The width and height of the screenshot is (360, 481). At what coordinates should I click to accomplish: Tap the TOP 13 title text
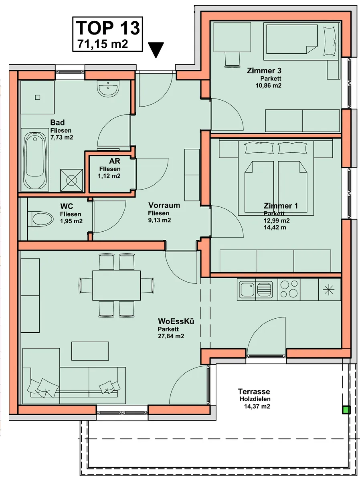point(107,28)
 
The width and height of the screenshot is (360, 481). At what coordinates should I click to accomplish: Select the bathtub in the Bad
point(35,161)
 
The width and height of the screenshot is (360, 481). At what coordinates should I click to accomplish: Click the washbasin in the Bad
point(108,89)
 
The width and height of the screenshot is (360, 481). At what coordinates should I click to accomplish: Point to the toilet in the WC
point(41,219)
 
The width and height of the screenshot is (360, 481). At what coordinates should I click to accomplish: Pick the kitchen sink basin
point(247,289)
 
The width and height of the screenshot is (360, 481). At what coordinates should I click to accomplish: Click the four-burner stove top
point(289,289)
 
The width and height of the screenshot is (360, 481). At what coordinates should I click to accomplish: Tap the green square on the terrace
point(346,410)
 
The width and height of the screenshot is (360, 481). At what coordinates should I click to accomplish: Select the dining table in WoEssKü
point(116,285)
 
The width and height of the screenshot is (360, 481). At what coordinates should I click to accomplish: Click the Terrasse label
point(254,391)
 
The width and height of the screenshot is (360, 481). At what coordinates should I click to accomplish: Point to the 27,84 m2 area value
point(171,336)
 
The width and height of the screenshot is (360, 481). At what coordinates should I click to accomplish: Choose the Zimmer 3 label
point(264,71)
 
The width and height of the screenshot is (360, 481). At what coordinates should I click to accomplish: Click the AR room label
point(115,161)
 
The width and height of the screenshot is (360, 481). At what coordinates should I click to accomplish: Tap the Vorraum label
point(164,205)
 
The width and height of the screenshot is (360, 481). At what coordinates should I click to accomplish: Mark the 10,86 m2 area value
point(268,85)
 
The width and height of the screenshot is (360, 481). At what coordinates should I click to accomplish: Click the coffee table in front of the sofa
point(90,351)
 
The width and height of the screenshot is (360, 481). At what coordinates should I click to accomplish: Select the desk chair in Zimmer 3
point(232,59)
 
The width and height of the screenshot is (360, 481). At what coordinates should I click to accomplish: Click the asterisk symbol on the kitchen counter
point(329,290)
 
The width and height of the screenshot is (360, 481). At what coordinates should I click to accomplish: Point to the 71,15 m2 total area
point(103,44)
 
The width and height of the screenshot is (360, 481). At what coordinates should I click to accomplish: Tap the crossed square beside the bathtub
point(72,180)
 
